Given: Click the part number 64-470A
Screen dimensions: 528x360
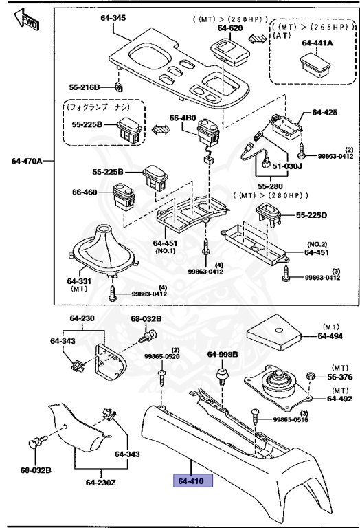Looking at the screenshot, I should (27, 162).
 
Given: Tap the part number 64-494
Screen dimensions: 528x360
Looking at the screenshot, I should (330, 336).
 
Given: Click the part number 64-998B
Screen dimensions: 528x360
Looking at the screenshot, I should (223, 354).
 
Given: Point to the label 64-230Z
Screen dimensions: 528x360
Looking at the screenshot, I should (102, 482).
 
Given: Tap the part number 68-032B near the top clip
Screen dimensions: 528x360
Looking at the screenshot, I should (146, 319).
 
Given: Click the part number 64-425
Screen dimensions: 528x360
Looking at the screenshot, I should (325, 112).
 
